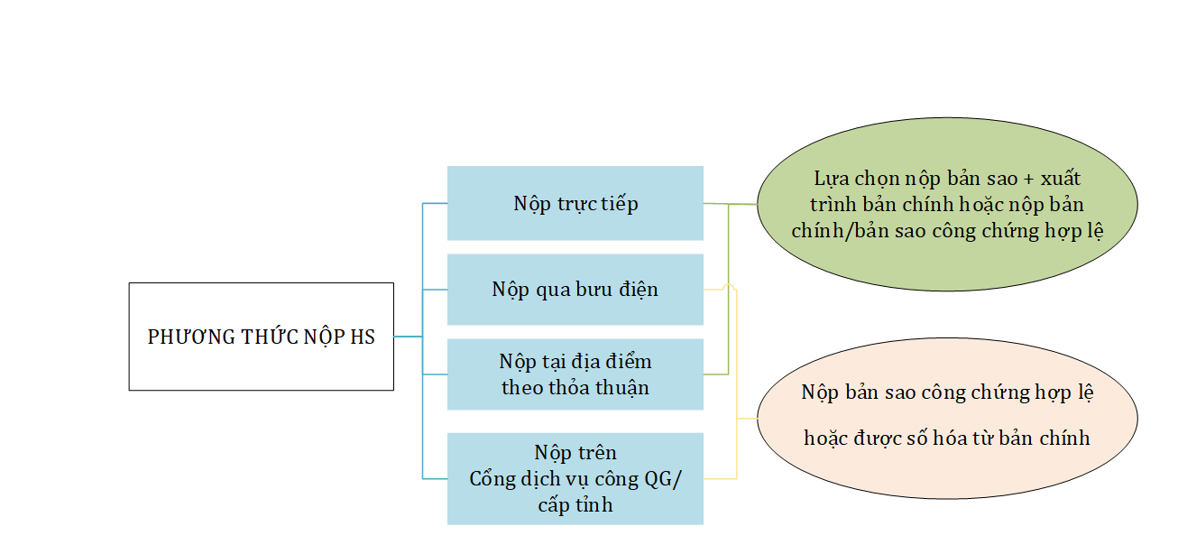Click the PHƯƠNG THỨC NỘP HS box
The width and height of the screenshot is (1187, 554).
point(261,337)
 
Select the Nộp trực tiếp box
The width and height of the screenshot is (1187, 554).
point(575,203)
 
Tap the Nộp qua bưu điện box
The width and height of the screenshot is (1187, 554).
point(575,290)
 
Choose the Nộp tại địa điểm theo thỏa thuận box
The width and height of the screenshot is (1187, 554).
point(575,374)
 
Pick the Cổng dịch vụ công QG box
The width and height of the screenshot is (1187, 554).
point(575,479)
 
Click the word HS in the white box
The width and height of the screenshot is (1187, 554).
point(363,337)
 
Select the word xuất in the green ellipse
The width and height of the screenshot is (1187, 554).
point(1061,178)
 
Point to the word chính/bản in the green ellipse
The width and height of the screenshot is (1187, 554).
point(831,231)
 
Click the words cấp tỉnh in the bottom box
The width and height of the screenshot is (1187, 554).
point(575,504)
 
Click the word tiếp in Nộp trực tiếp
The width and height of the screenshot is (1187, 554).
point(620,204)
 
